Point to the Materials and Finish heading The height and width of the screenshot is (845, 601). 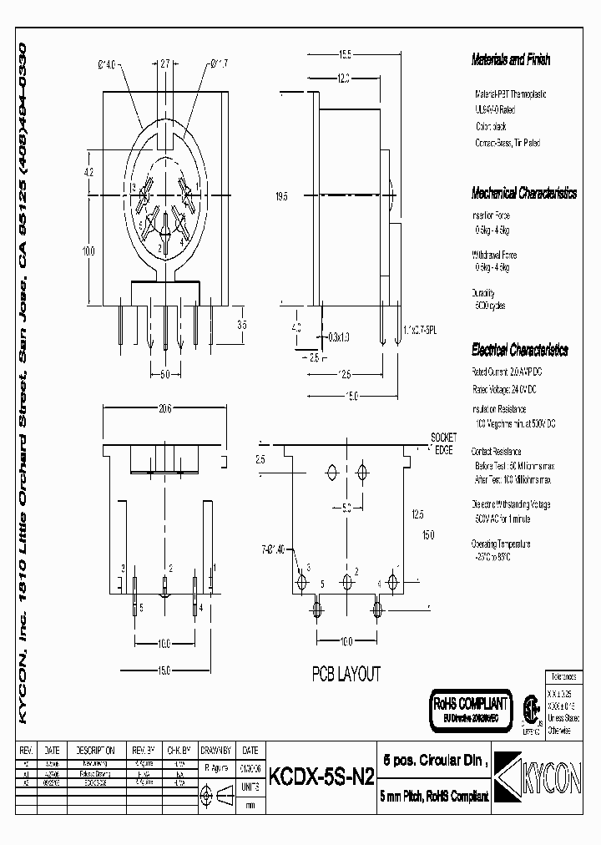tap(511, 60)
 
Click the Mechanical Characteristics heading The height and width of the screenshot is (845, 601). tap(523, 193)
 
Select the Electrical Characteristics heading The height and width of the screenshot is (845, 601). tap(519, 350)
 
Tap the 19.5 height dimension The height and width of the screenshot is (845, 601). tap(281, 197)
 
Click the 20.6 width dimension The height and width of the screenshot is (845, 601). tap(164, 409)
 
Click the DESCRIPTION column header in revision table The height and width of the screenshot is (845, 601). tap(95, 750)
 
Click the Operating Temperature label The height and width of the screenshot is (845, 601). tap(501, 544)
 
